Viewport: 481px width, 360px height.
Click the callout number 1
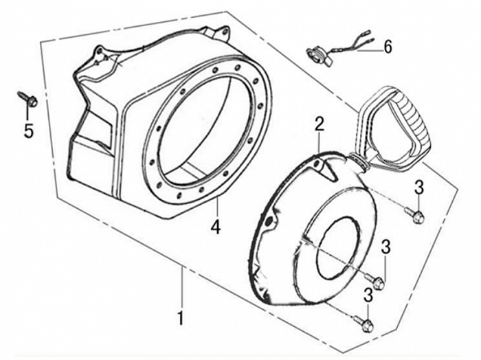point(181,318)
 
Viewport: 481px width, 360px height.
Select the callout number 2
point(319,124)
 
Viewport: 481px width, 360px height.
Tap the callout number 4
point(216,226)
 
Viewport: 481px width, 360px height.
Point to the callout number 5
point(28,131)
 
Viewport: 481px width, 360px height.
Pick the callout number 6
point(388,47)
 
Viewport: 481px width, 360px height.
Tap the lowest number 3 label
point(369,296)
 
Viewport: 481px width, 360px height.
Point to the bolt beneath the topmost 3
point(416,216)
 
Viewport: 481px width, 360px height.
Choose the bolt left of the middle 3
point(374,280)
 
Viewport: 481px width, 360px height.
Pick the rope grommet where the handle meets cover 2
point(359,159)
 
